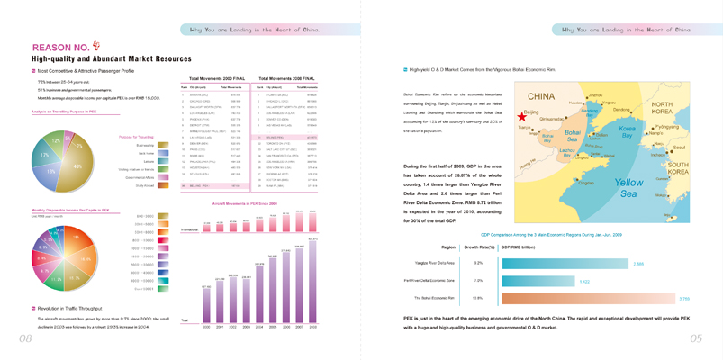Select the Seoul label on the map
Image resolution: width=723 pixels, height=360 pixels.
click(679, 147)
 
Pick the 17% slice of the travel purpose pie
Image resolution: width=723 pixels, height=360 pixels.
click(44, 155)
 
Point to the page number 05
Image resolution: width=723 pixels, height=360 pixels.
click(695, 339)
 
